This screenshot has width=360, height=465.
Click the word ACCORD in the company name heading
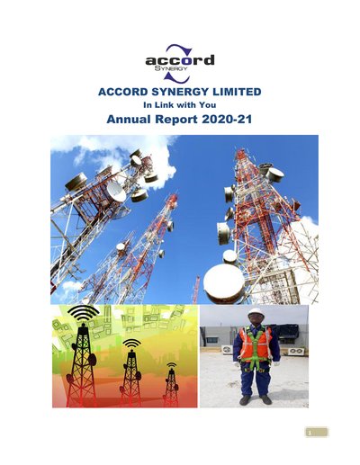(123, 92)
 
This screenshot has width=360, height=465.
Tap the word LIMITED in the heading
(237, 92)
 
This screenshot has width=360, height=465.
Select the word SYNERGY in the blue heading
(180, 92)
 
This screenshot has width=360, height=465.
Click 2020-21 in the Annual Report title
(227, 120)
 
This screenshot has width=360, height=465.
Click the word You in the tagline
(208, 105)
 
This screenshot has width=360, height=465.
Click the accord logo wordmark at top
(180, 60)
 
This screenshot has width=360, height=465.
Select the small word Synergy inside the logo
(171, 68)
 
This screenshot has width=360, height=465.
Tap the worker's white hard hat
(256, 311)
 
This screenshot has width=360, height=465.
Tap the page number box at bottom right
(317, 433)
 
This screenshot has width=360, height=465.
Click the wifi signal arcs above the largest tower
(83, 312)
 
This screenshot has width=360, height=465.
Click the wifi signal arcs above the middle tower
(131, 344)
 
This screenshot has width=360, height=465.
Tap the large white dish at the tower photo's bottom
(224, 283)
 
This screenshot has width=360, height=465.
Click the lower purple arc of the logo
(177, 77)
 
